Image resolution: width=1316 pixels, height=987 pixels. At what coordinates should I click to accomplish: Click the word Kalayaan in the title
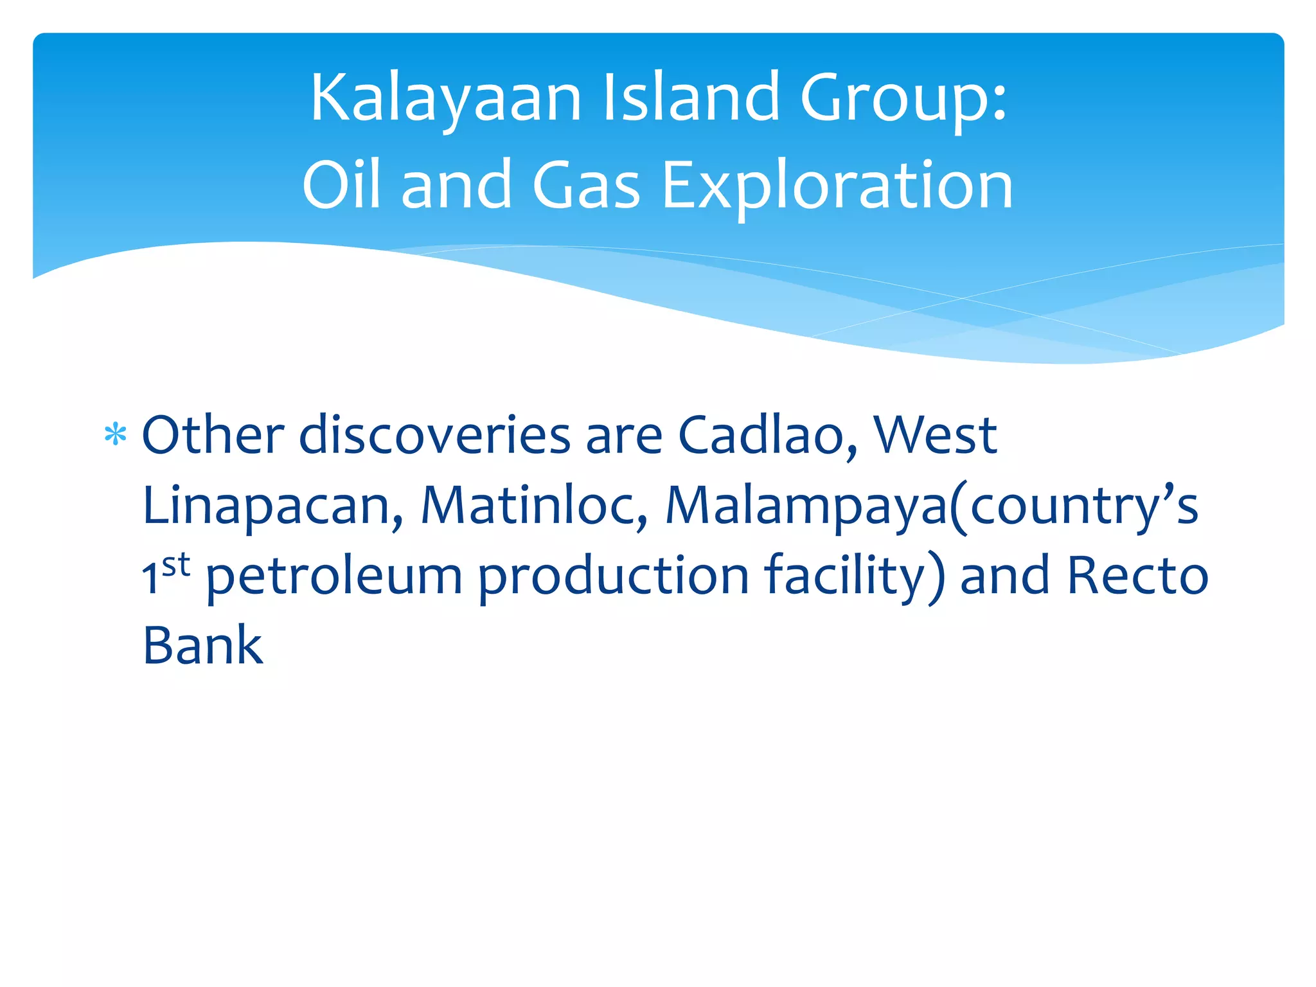[x=445, y=98]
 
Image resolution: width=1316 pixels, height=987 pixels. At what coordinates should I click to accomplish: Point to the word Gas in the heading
[x=586, y=186]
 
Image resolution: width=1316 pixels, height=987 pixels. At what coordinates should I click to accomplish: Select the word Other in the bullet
[x=213, y=436]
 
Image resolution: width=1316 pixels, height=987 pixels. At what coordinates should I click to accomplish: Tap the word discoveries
[x=435, y=436]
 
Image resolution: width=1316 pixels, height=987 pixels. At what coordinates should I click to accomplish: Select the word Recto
[x=1137, y=576]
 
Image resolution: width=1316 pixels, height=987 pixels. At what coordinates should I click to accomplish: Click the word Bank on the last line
[x=202, y=645]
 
